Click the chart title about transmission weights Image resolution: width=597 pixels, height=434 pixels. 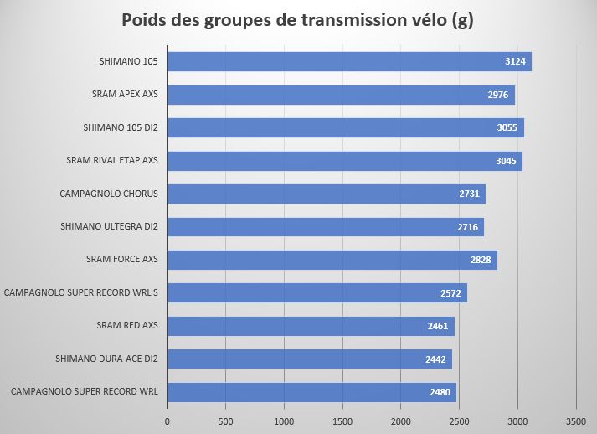298,21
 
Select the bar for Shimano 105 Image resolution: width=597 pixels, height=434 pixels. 349,62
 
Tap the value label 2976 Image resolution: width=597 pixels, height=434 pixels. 498,95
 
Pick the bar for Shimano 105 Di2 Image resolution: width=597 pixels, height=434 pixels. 345,128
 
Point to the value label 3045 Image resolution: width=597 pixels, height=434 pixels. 507,161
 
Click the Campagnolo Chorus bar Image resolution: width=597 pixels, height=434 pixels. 327,194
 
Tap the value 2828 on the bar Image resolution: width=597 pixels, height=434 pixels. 481,260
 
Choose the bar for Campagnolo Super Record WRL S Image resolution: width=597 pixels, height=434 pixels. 317,292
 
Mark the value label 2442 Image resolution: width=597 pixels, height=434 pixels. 436,359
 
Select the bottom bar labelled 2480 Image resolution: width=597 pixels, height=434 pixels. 311,392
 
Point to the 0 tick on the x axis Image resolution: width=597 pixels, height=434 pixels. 167,421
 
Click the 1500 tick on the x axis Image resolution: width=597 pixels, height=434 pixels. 342,421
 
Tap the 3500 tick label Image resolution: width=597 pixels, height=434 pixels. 576,421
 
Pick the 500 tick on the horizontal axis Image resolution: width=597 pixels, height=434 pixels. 226,421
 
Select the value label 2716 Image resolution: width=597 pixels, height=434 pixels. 468,227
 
